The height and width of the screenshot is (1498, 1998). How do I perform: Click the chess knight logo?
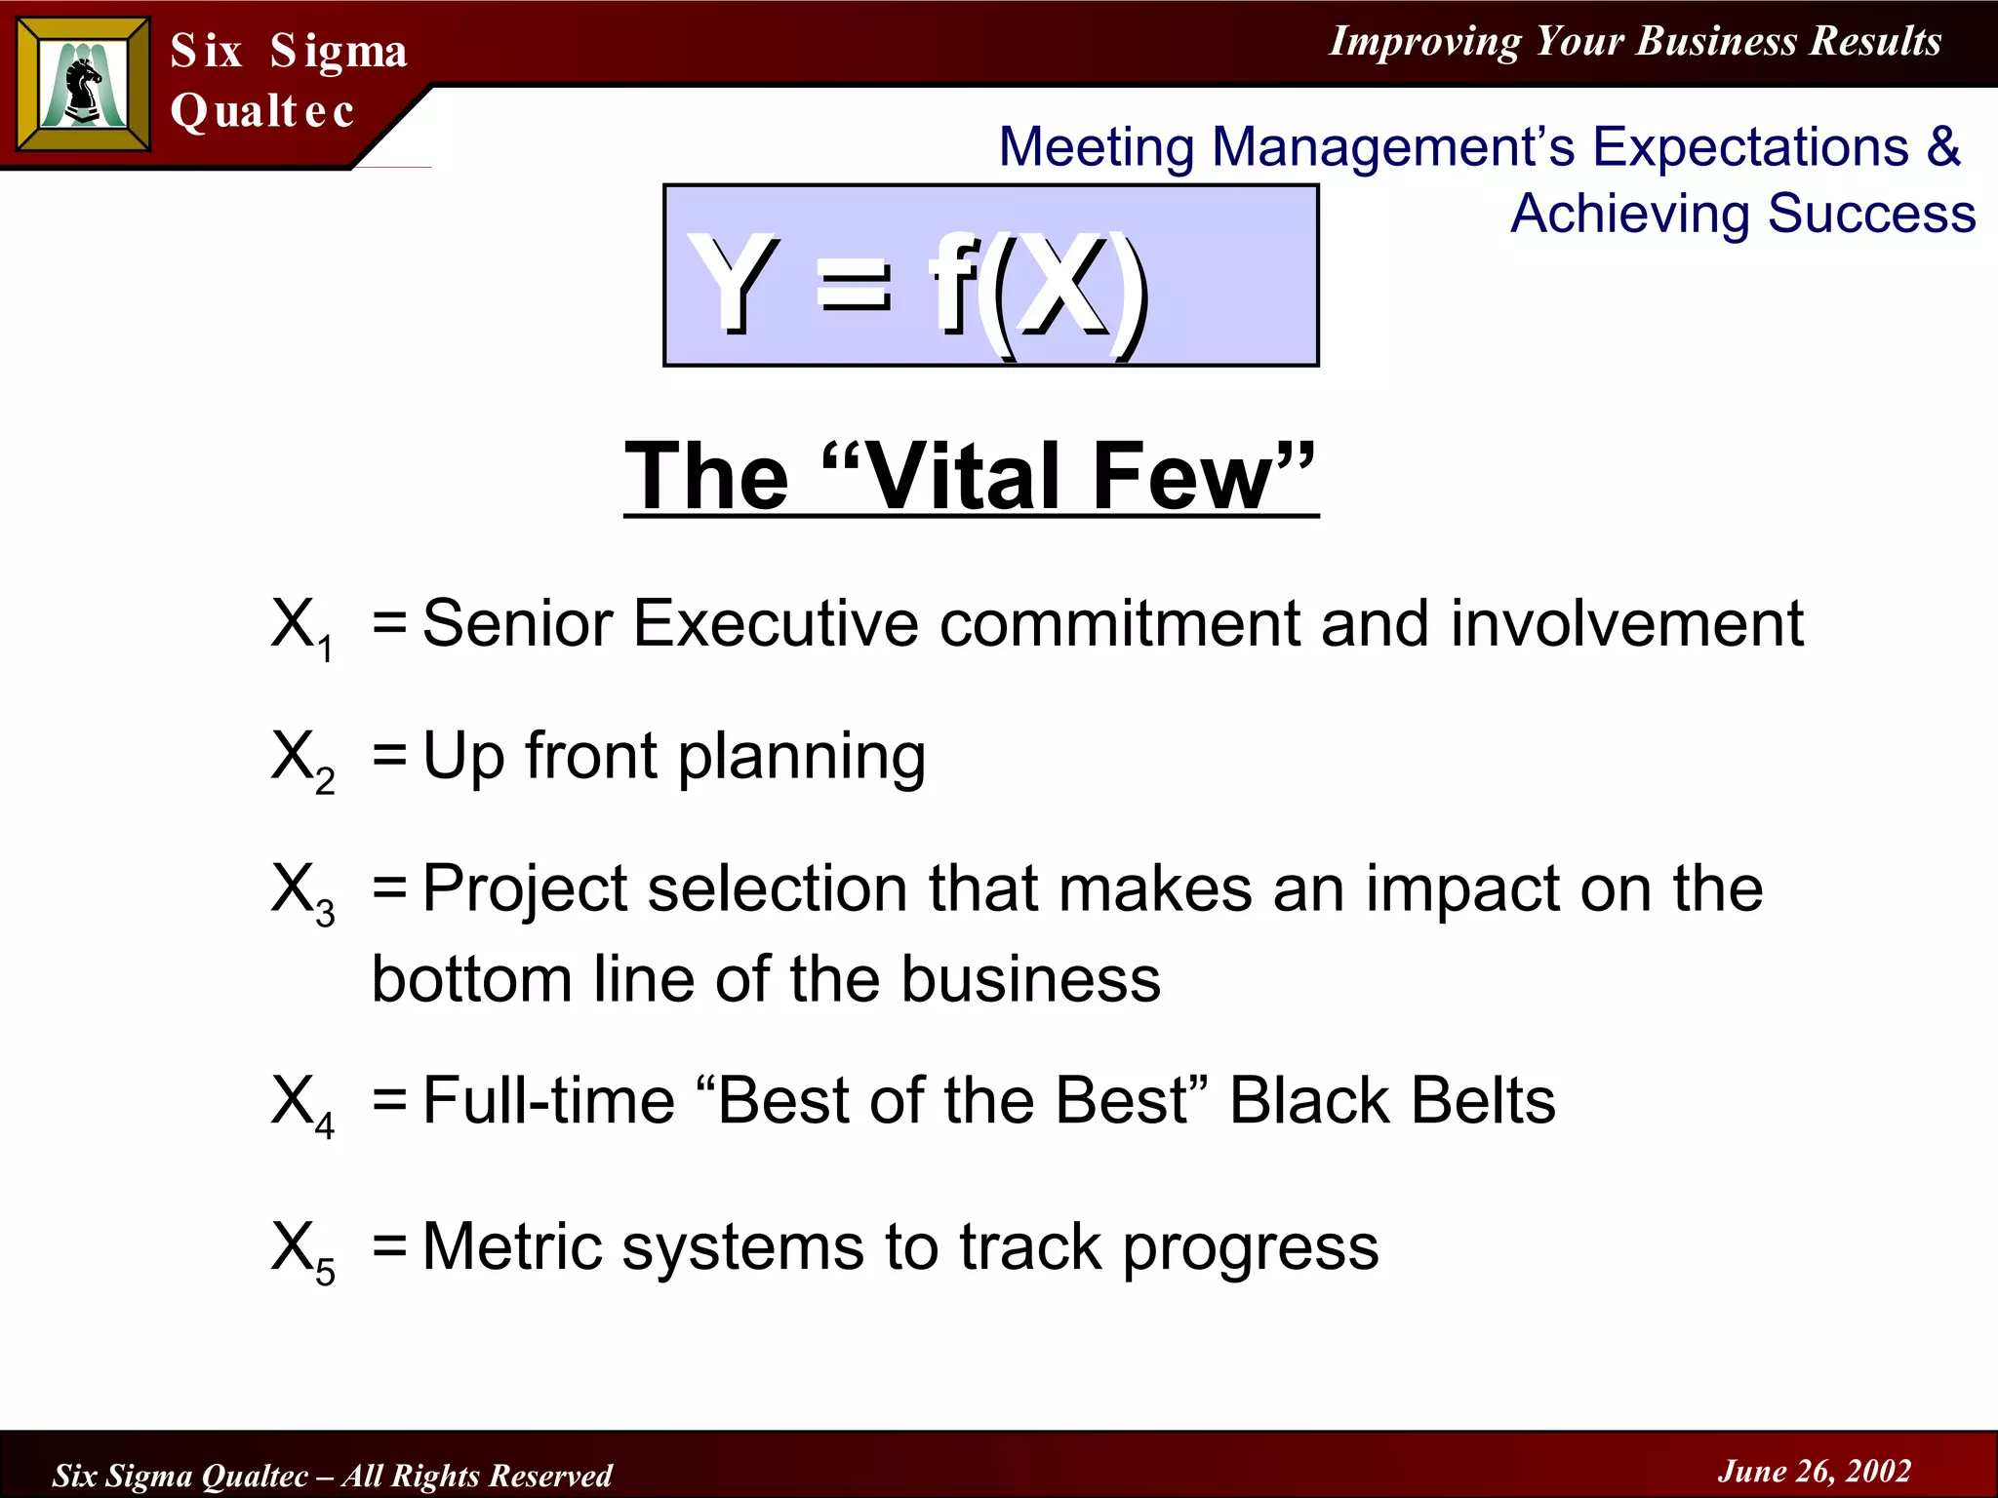(83, 85)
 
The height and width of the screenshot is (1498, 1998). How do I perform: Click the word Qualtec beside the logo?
(261, 110)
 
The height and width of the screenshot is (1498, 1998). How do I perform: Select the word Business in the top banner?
(1716, 41)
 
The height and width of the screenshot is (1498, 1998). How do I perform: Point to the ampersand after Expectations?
(1942, 146)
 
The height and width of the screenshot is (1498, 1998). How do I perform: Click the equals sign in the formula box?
(855, 289)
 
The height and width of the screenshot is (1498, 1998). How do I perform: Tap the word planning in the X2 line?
(802, 757)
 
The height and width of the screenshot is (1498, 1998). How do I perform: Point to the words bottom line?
(536, 979)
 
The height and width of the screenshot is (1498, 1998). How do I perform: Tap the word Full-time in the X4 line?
(549, 1100)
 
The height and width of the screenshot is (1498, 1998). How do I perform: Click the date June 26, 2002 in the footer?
(1814, 1471)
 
